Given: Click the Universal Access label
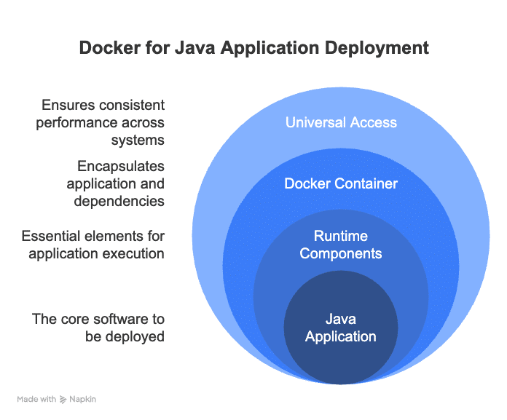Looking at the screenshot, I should point(341,122).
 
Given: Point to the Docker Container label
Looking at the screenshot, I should point(341,183).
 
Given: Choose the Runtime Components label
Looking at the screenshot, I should point(341,245).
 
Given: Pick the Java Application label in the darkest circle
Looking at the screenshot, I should point(341,328).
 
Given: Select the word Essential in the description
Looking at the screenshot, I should point(55,237).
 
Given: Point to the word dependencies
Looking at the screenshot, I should point(119,200).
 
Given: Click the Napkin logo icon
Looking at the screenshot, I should point(63,400).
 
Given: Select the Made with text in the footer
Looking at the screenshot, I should point(36,400).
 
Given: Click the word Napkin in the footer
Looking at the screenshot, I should point(82,400).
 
